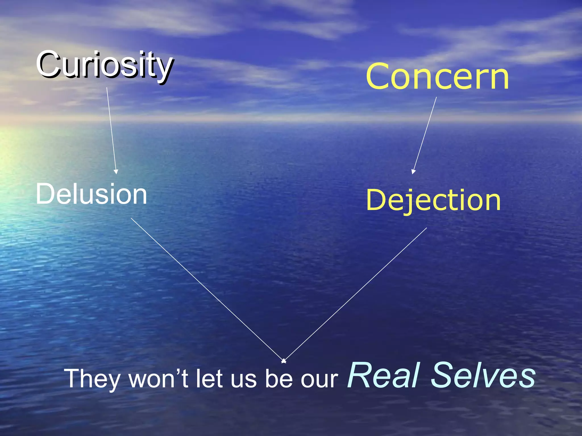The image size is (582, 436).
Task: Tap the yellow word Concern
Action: tap(437, 77)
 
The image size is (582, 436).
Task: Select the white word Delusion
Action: tap(91, 194)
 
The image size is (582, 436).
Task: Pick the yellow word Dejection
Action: tap(433, 200)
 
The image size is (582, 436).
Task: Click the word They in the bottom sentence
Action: tap(93, 379)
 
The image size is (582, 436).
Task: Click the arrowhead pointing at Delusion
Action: tap(116, 171)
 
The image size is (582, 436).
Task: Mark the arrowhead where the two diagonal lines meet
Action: tap(283, 361)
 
